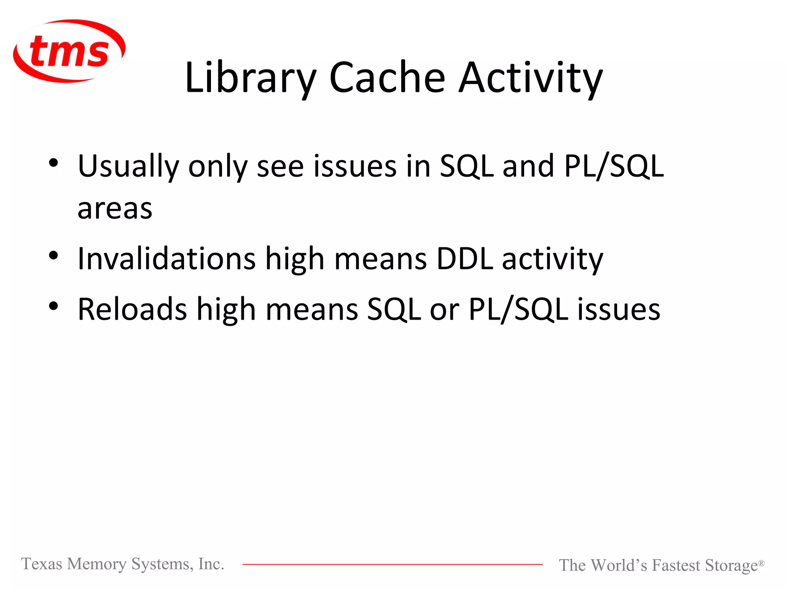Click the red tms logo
pyautogui.click(x=69, y=51)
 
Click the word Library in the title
pyautogui.click(x=250, y=78)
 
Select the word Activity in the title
pyautogui.click(x=531, y=78)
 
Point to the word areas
pyautogui.click(x=115, y=209)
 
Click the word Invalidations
pyautogui.click(x=166, y=259)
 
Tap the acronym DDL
pyautogui.click(x=465, y=259)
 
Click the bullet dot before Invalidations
pyautogui.click(x=53, y=255)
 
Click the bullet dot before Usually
pyautogui.click(x=53, y=163)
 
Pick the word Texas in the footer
pyautogui.click(x=42, y=564)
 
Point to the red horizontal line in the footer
pyautogui.click(x=392, y=564)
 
